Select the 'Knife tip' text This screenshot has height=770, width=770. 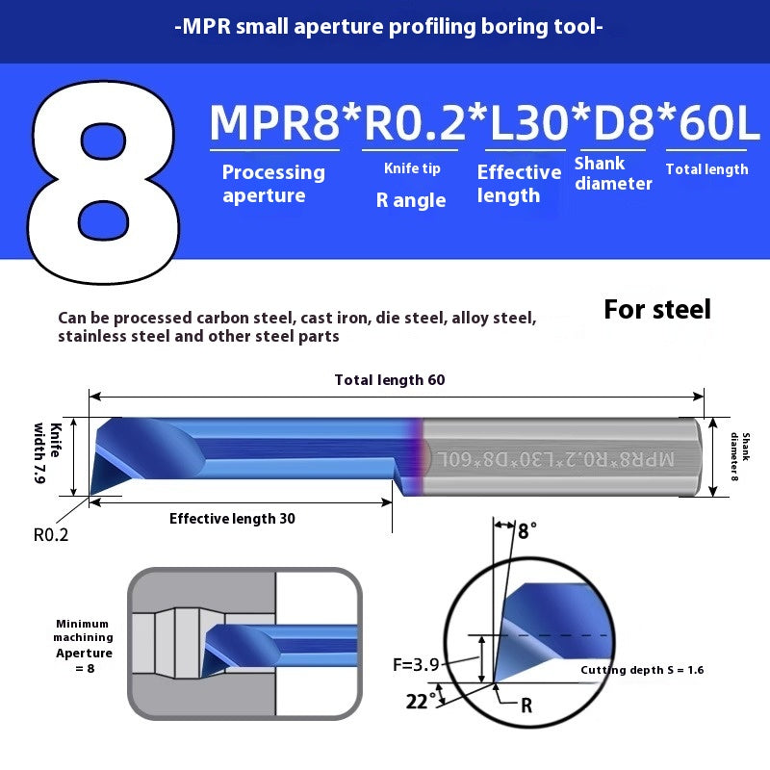click(x=412, y=168)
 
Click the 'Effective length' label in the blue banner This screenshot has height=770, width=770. click(x=519, y=184)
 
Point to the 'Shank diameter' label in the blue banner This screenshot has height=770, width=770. click(x=612, y=173)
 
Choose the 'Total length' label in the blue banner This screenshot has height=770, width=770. click(x=706, y=169)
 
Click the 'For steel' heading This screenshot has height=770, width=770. click(x=657, y=309)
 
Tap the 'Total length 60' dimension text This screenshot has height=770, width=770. click(x=389, y=380)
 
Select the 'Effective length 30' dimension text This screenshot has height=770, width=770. click(x=232, y=519)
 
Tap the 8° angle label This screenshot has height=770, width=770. click(x=527, y=530)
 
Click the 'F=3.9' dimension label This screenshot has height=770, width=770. click(x=417, y=663)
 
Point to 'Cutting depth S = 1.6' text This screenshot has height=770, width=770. click(x=641, y=670)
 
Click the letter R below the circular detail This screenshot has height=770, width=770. click(x=526, y=706)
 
